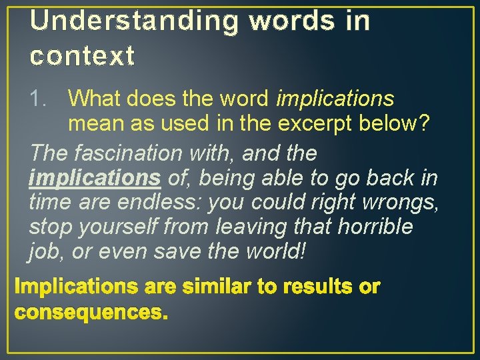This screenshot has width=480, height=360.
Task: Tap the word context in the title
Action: (82, 56)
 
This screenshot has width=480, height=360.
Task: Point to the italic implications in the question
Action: (335, 99)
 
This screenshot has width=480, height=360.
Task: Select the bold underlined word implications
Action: (95, 178)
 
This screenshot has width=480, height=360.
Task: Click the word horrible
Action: (375, 227)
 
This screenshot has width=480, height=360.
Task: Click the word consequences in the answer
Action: (91, 312)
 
